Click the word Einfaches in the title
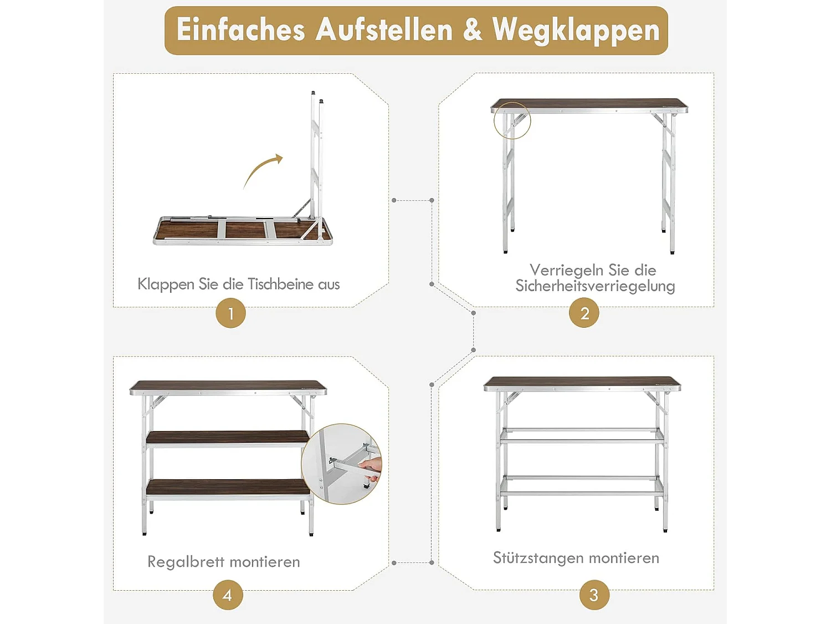[240, 30]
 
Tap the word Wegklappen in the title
[576, 30]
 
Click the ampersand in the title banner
[472, 30]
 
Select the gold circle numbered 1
[230, 313]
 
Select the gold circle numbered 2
[584, 313]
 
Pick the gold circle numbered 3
[594, 595]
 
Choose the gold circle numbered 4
[228, 595]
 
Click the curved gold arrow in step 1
[263, 170]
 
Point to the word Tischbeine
[280, 284]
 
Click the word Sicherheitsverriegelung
[595, 286]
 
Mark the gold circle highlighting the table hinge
[512, 120]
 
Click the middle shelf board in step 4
[228, 437]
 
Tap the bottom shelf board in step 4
[228, 486]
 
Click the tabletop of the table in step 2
[589, 104]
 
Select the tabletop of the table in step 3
[582, 382]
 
